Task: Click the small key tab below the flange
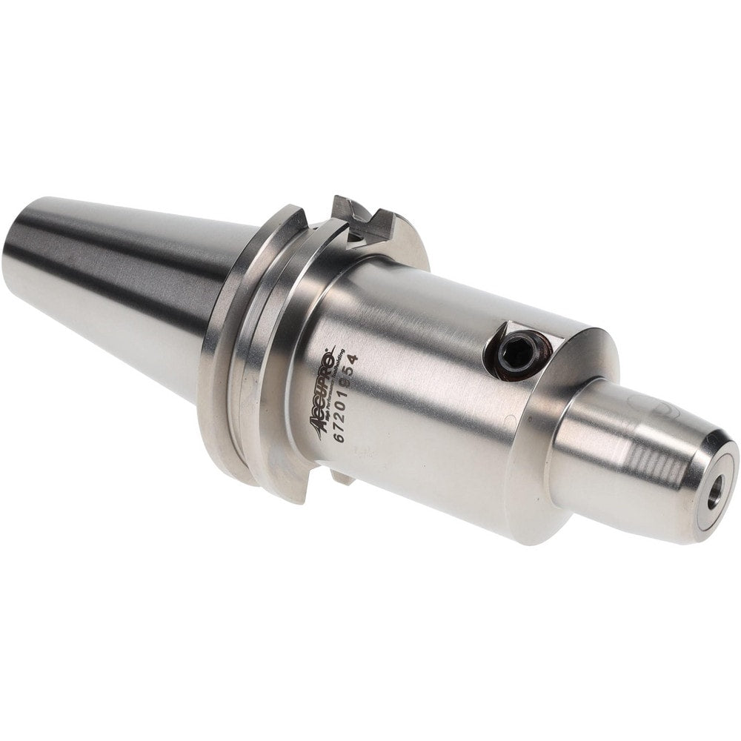342,476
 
